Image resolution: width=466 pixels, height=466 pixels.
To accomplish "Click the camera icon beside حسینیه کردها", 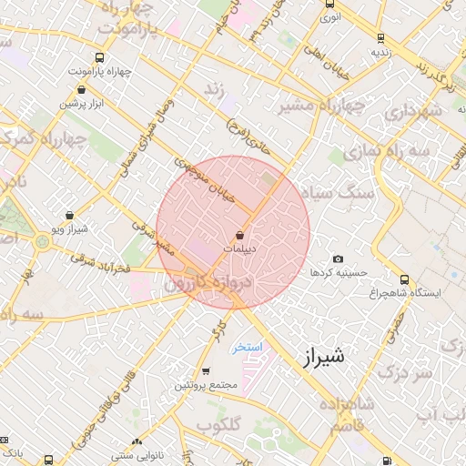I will (339, 260).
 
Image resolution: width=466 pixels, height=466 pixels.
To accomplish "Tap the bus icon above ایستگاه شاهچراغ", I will (404, 280).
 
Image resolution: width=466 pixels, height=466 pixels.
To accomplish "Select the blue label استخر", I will (246, 348).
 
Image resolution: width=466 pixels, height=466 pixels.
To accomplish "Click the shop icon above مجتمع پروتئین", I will (207, 371).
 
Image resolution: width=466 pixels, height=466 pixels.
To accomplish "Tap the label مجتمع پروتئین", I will (207, 385).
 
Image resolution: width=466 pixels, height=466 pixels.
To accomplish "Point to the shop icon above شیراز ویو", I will (70, 216).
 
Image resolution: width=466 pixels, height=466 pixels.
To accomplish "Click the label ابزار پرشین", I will (85, 104).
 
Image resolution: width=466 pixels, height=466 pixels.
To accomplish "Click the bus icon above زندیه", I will (380, 38).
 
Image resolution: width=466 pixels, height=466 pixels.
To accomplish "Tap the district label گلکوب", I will (218, 425).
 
